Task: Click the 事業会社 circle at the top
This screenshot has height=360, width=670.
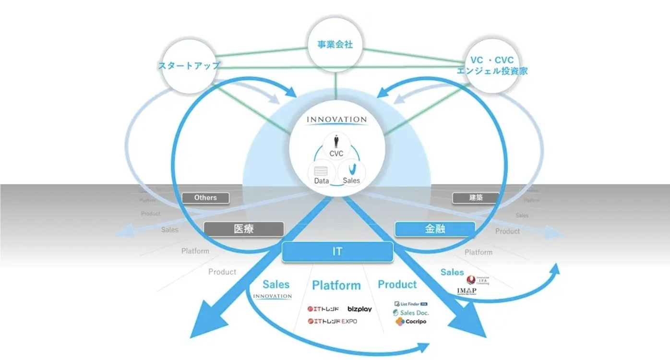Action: pos(335,45)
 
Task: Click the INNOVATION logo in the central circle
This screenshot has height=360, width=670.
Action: pos(336,120)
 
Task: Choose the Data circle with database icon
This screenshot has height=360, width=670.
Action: pos(322,175)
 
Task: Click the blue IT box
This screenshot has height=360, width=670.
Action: pos(337,252)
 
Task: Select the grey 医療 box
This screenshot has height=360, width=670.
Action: pos(244,229)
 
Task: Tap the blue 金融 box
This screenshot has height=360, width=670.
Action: pos(435,229)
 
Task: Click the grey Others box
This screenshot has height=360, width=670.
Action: pos(205,198)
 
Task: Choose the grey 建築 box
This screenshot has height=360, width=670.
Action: pos(476,197)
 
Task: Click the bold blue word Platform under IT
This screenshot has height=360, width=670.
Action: pos(336,286)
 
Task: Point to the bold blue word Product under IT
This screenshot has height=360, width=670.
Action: pos(397,285)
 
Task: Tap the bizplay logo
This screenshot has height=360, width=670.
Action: pos(359,310)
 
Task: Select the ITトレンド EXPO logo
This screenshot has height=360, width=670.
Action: pos(332,321)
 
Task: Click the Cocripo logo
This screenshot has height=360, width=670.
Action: pos(411,322)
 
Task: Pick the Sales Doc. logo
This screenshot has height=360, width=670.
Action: pos(411,312)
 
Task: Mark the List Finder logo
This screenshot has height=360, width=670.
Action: pos(410,304)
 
